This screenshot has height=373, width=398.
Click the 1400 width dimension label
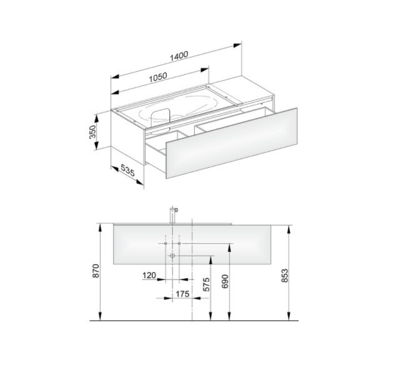[x=179, y=56]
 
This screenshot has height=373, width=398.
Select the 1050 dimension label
[x=158, y=77]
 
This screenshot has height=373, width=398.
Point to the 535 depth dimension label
[x=127, y=170]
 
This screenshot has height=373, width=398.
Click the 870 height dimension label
[x=96, y=271]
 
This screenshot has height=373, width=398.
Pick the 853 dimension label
[x=285, y=276]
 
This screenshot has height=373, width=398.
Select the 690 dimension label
[x=225, y=281]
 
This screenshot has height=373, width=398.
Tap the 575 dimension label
[x=207, y=284]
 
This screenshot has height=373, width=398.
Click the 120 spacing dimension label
[x=149, y=275]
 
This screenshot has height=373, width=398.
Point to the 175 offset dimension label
[x=182, y=294]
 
